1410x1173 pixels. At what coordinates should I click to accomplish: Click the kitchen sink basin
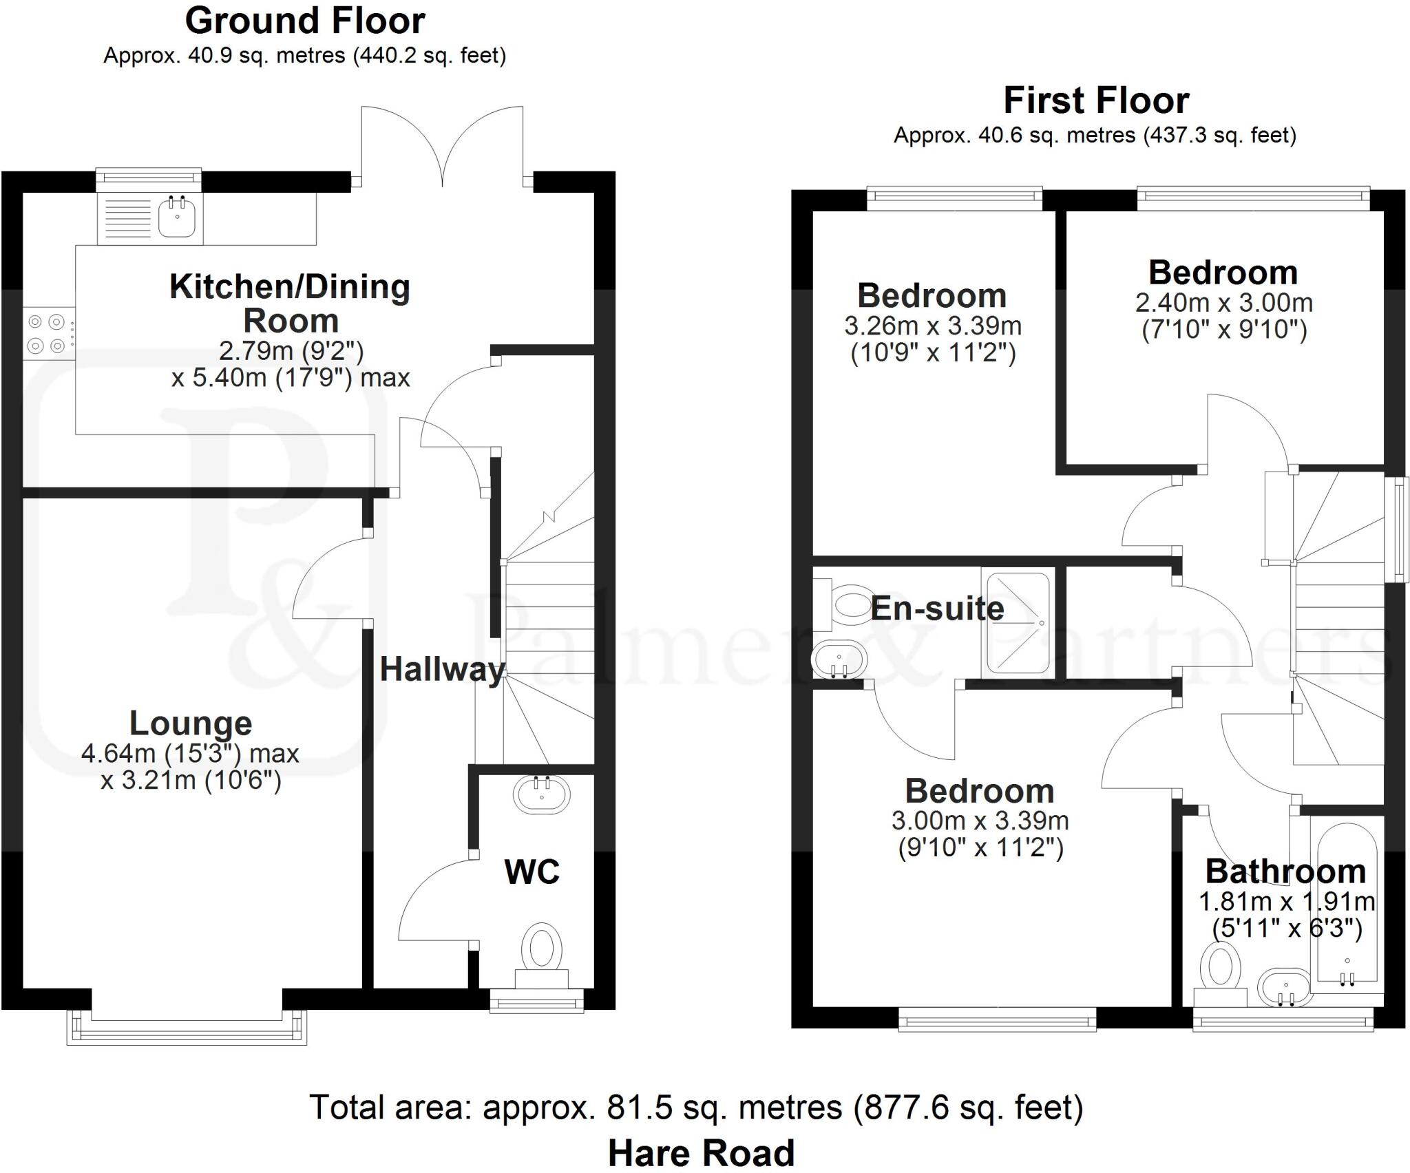coord(177,217)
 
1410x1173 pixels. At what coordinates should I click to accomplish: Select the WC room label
coord(532,872)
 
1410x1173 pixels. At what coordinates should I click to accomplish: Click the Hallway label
coord(443,669)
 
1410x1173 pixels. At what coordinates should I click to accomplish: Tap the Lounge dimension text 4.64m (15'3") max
coord(190,753)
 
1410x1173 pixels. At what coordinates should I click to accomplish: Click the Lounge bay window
coord(187,1028)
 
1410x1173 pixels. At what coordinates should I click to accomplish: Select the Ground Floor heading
coord(305,21)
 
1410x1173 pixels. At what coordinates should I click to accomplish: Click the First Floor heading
coord(1096,101)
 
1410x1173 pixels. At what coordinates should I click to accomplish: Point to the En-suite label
coord(937,609)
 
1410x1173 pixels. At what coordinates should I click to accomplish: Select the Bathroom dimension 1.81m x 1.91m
coord(1286,901)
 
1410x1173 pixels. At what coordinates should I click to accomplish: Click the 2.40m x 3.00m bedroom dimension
coord(1223,303)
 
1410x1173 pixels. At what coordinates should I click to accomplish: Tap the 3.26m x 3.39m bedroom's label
coord(932,296)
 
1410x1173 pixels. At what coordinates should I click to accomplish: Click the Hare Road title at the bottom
coord(701,1153)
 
